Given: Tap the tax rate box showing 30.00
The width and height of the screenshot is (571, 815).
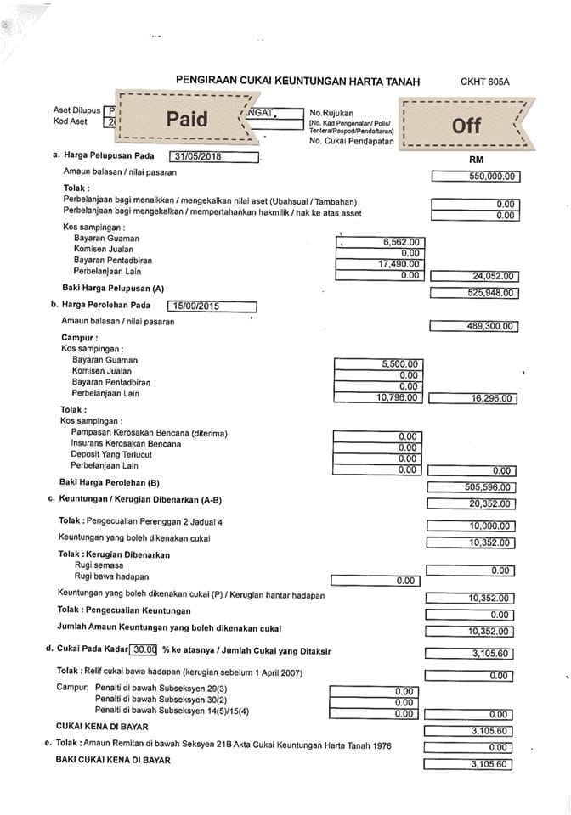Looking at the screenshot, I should pyautogui.click(x=144, y=649).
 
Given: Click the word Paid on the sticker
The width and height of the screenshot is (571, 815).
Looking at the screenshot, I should pyautogui.click(x=187, y=120).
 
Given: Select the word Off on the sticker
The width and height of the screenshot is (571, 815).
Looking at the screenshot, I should pyautogui.click(x=466, y=126).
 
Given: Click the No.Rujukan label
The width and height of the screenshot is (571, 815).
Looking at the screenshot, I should pyautogui.click(x=331, y=113).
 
